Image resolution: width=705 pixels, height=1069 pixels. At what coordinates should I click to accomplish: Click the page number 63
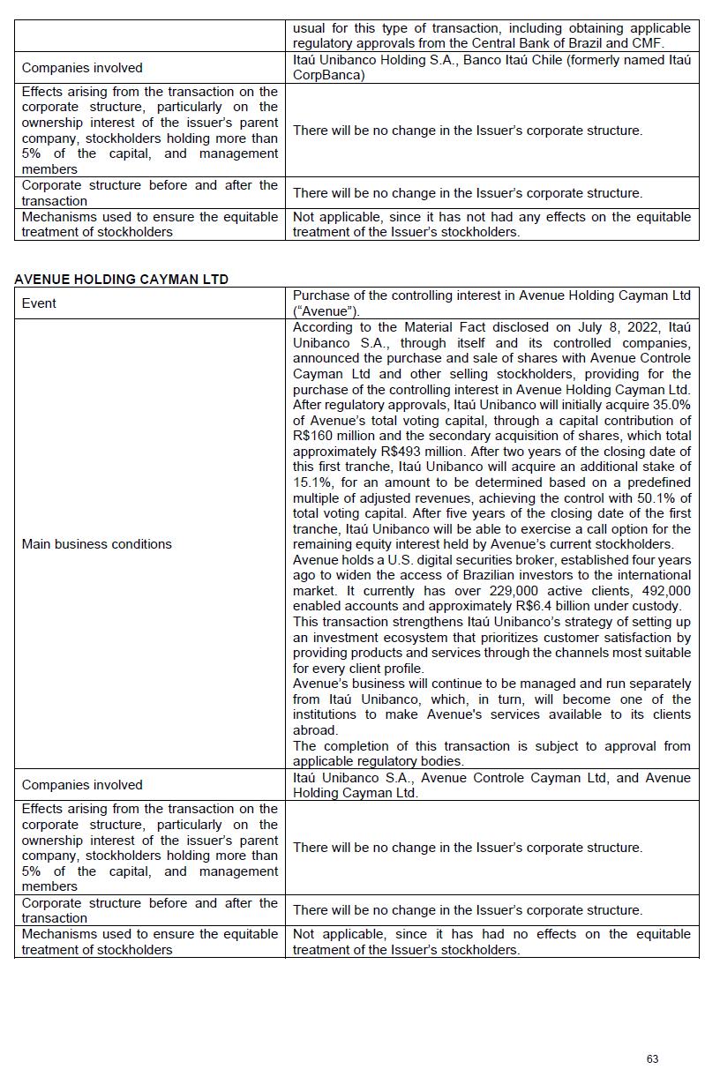(x=652, y=1058)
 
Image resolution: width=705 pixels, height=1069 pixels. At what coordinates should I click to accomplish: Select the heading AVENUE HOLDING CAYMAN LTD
(x=121, y=280)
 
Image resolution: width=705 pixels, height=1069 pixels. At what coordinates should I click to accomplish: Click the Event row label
(x=39, y=303)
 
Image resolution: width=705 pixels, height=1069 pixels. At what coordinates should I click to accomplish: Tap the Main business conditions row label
(x=96, y=544)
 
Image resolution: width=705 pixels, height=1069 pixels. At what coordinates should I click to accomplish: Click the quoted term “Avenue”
(x=322, y=310)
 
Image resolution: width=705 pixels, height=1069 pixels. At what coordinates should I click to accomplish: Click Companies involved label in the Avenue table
(x=82, y=785)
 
